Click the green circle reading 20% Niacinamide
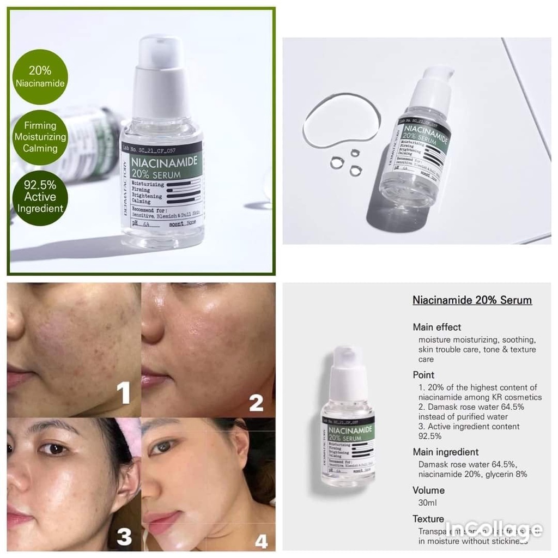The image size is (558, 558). (40, 77)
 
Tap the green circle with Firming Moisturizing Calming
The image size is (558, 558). (40, 137)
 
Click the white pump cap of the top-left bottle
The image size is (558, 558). (161, 76)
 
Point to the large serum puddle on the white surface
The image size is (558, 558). (341, 119)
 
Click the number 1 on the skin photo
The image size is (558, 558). (124, 393)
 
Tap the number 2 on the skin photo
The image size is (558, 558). (256, 403)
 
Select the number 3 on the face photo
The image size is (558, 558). (124, 536)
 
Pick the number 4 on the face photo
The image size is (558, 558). (261, 541)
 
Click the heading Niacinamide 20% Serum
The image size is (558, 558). (472, 300)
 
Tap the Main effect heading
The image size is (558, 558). (436, 327)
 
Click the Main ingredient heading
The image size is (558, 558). (445, 452)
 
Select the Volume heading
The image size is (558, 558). (428, 490)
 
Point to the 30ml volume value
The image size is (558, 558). (427, 503)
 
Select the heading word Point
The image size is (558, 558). (423, 375)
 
